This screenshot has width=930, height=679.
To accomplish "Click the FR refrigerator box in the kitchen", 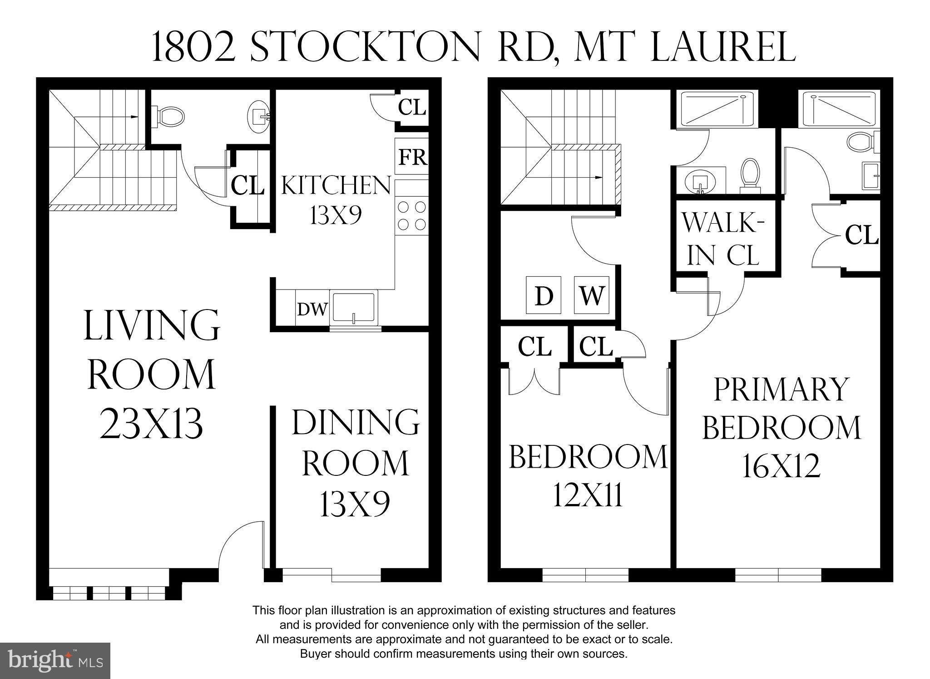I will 412,157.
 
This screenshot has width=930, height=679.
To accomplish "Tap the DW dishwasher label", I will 312,310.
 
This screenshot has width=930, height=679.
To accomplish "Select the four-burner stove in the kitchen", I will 412,216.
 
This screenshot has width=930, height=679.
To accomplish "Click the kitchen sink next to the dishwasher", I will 354,308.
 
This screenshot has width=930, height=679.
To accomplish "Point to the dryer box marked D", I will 544,295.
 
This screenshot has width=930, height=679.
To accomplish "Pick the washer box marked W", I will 591,295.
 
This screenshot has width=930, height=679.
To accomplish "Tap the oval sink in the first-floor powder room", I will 259,116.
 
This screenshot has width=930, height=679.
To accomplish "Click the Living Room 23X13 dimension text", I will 151,423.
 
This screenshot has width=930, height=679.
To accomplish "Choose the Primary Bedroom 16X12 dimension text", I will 782,466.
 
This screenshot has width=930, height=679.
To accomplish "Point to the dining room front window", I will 331,575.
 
